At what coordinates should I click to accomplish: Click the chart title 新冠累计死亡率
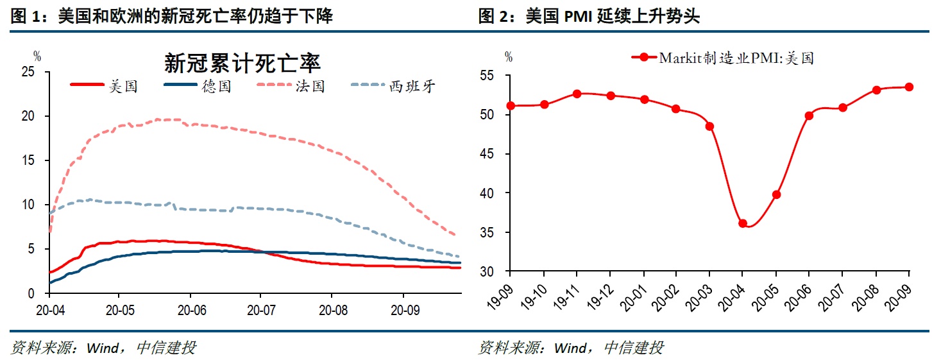242,64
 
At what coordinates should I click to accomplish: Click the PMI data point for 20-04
743,223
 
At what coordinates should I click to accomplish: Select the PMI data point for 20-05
776,194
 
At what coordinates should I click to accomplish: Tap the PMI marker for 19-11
577,94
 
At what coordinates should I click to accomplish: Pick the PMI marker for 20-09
909,87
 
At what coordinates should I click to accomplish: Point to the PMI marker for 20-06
809,116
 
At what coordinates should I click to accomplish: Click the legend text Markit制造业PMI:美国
736,58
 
